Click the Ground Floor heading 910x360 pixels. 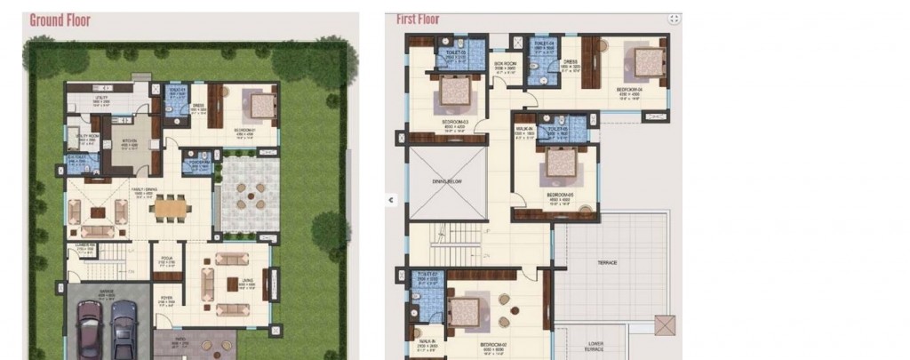60,20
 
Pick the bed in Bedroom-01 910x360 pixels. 261,105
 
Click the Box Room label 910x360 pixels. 504,64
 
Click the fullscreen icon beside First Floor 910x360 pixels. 675,19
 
